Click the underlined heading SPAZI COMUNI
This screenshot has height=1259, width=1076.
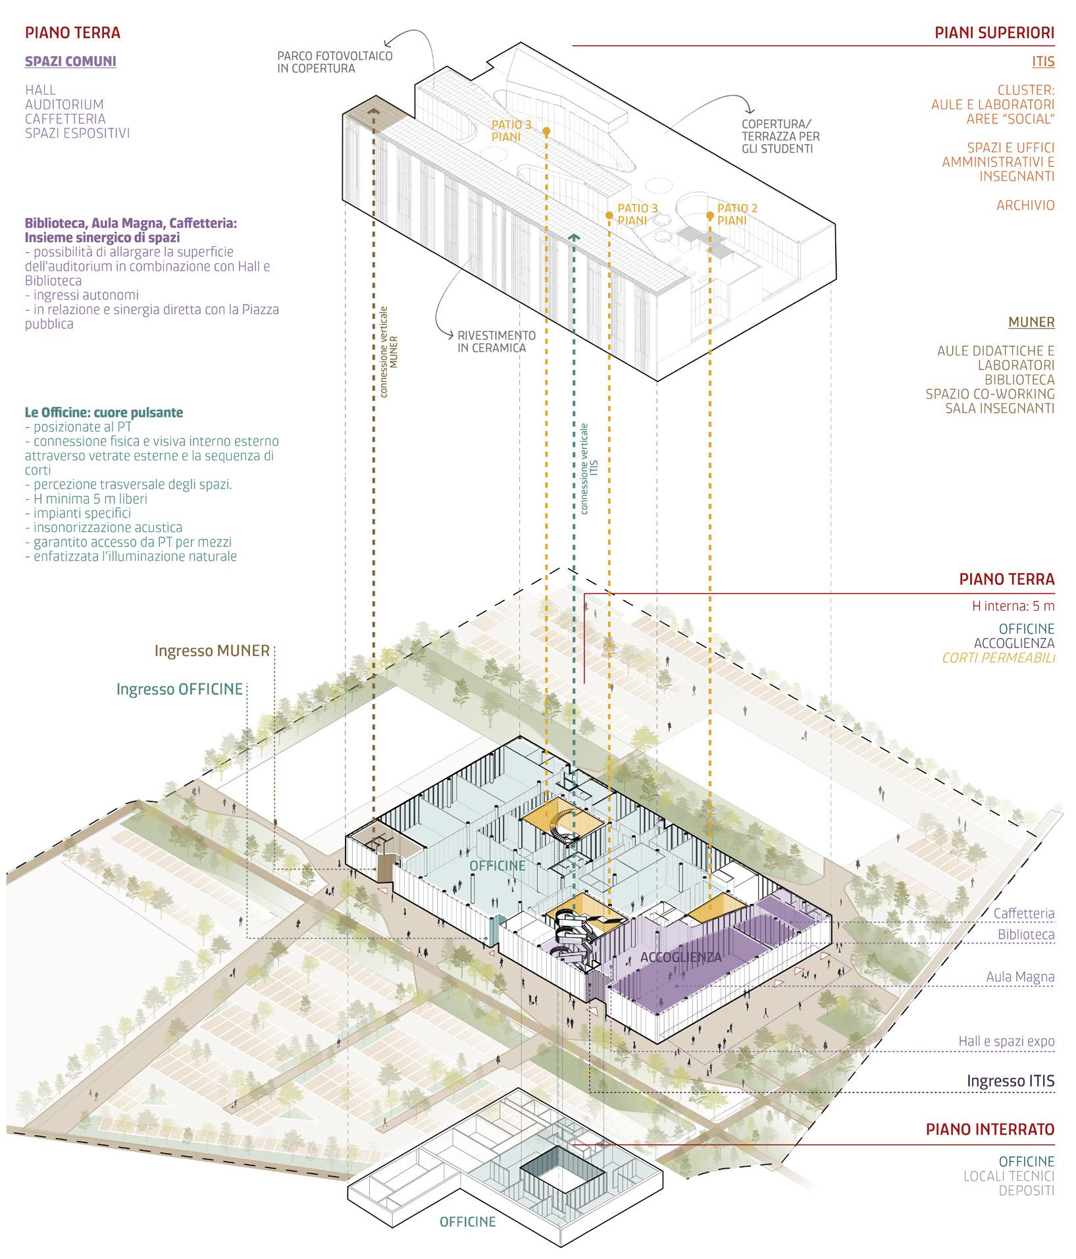pos(70,62)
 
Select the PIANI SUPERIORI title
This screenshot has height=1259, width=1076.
pos(994,33)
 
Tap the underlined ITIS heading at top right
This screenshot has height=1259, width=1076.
pos(1043,62)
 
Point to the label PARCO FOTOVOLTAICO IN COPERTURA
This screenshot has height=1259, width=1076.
pos(334,62)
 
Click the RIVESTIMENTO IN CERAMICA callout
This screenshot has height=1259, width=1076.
pos(496,342)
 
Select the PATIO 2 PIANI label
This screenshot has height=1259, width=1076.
pos(737,215)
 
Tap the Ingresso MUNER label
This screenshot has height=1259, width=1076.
pos(212,651)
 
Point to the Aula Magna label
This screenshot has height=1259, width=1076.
pos(1020,978)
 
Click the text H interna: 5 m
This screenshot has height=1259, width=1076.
pos(1013,606)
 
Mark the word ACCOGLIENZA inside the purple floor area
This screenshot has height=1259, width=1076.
pos(680,957)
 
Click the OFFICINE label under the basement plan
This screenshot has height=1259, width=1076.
pos(467,1222)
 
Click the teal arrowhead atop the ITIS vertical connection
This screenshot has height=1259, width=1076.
pos(575,237)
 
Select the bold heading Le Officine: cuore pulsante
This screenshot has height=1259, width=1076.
pos(103,413)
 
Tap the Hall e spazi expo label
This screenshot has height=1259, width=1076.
pos(1006,1042)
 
